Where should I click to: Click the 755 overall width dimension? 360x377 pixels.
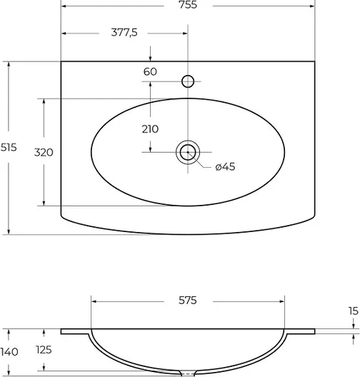(188, 5)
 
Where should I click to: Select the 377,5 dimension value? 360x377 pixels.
(124, 32)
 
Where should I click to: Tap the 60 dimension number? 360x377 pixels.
(150, 71)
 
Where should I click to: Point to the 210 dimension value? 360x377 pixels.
(150, 129)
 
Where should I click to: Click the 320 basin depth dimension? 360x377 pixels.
(44, 152)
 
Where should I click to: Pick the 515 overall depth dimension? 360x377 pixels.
(9, 147)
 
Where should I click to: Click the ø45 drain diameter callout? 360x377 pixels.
(225, 166)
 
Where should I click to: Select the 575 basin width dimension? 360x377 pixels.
(188, 301)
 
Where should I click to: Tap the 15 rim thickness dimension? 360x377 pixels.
(354, 311)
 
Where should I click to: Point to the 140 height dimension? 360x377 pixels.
(9, 352)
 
